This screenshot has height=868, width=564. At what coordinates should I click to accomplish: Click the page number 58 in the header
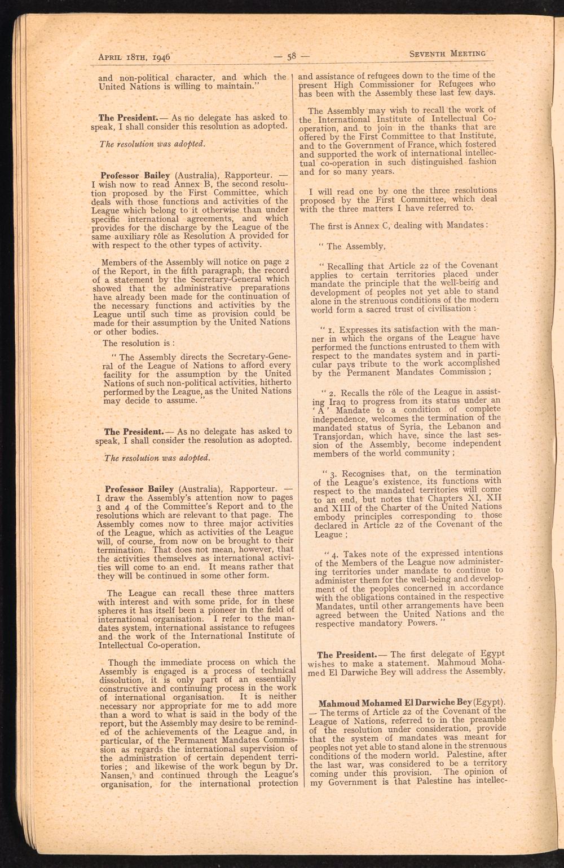point(292,56)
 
